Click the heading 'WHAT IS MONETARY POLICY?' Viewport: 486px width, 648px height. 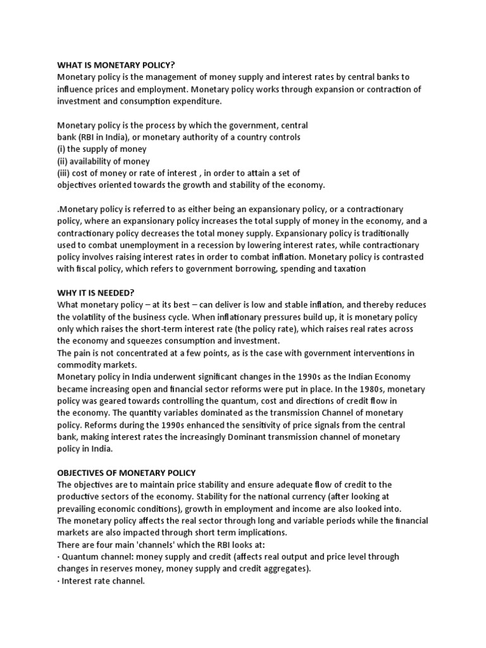[x=116, y=65]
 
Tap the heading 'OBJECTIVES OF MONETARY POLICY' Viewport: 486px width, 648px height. [x=127, y=473]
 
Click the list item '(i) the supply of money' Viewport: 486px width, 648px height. [x=102, y=149]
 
